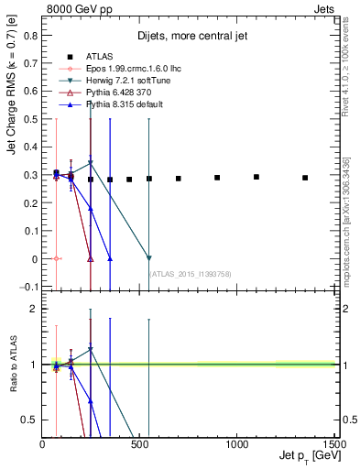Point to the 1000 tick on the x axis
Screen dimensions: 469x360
tap(236, 443)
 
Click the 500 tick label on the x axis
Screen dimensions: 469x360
tap(139, 443)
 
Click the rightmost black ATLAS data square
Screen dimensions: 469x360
tap(305, 178)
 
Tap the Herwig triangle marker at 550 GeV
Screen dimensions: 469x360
tap(148, 258)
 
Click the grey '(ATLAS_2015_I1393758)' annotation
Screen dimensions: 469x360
tap(191, 273)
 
